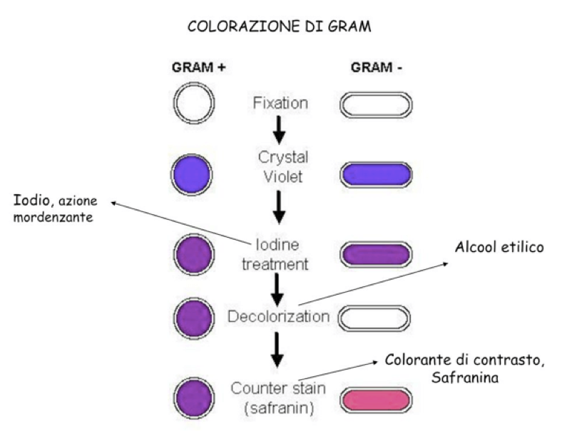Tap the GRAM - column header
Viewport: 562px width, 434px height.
tap(375, 68)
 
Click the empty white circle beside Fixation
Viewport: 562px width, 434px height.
tap(193, 104)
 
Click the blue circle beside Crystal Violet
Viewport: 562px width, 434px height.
tap(193, 174)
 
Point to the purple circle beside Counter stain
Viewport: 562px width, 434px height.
tap(193, 397)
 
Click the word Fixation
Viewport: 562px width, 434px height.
tap(280, 103)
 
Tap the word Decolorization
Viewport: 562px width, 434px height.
tap(278, 316)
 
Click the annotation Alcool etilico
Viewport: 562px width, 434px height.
tap(499, 248)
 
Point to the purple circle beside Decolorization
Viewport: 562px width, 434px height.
tap(193, 316)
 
